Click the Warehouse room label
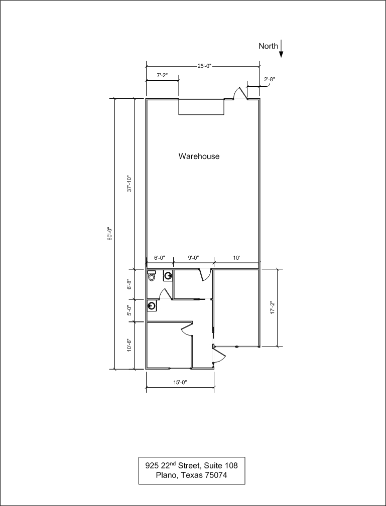point(199,156)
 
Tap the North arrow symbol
point(281,49)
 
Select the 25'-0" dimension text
point(204,66)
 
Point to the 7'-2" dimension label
point(163,76)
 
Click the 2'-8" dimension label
point(270,79)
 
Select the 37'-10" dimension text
point(130,184)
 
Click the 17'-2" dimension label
point(272,308)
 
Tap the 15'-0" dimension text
point(180,383)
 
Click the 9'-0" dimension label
point(193,258)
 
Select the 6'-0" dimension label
point(160,258)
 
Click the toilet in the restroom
point(152,276)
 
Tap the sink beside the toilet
point(168,276)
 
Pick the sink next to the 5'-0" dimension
point(152,305)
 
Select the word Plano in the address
point(165,475)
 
